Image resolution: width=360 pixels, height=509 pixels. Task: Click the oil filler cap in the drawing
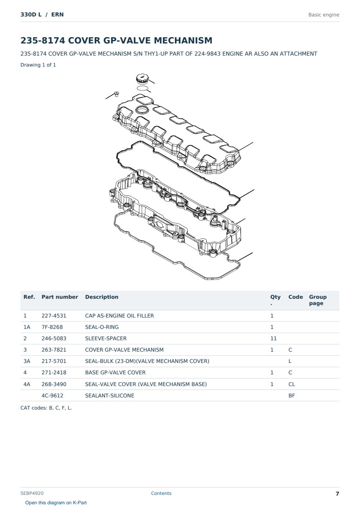(142, 78)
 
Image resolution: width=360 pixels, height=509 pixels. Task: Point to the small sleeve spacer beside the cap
(117, 94)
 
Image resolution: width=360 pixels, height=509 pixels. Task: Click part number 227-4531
(54, 316)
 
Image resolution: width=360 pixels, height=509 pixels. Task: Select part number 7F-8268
(52, 327)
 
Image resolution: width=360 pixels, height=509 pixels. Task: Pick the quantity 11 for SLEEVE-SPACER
(274, 338)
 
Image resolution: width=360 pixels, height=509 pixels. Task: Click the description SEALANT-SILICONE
(110, 395)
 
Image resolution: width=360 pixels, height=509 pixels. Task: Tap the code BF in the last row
(292, 395)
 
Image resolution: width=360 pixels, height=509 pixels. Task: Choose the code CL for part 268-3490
(292, 384)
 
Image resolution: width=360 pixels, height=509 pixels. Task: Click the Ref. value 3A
(27, 361)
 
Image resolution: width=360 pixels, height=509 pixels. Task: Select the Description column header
(102, 297)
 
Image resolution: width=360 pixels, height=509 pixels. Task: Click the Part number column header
(60, 297)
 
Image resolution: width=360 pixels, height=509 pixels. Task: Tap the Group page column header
(318, 300)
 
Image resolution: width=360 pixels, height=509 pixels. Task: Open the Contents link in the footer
(161, 493)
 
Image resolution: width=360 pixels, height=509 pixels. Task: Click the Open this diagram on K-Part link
(56, 503)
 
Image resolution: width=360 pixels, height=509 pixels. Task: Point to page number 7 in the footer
(337, 494)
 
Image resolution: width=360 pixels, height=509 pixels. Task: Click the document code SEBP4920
(32, 493)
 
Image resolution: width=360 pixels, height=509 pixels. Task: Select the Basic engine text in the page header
(324, 15)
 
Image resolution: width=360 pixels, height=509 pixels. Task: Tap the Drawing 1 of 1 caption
(38, 65)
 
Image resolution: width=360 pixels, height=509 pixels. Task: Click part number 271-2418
(54, 372)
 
